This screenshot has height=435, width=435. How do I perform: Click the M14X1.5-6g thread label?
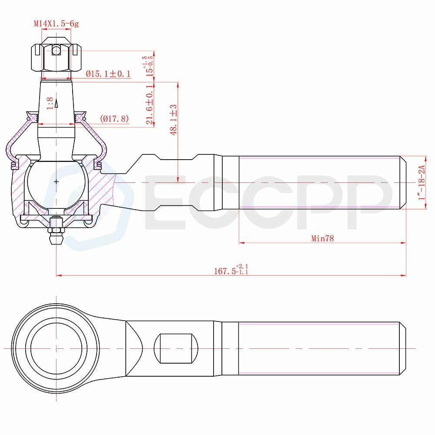click(x=57, y=23)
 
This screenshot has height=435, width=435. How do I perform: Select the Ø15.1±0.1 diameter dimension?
click(x=108, y=74)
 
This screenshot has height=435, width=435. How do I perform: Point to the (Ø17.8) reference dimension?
click(x=114, y=118)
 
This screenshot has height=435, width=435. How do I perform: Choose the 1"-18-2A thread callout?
click(x=421, y=183)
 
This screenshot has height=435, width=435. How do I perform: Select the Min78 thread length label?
click(x=322, y=238)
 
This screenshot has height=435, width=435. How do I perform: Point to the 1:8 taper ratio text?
click(x=50, y=103)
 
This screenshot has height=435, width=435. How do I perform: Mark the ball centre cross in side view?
click(x=56, y=181)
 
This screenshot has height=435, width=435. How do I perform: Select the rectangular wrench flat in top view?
click(x=176, y=348)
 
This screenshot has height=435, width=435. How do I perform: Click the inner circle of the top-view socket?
click(x=56, y=348)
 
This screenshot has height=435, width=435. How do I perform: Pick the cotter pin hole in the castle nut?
click(x=56, y=50)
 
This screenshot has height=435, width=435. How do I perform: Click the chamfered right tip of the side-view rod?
click(x=403, y=183)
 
